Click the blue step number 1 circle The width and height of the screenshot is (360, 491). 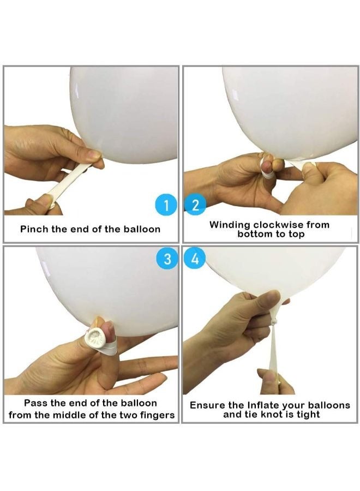click(166, 206)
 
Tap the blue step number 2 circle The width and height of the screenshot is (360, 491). click(195, 206)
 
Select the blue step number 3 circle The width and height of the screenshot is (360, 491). click(167, 259)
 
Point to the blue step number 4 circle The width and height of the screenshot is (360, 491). click(195, 259)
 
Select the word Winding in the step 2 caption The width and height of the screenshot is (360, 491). click(230, 225)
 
